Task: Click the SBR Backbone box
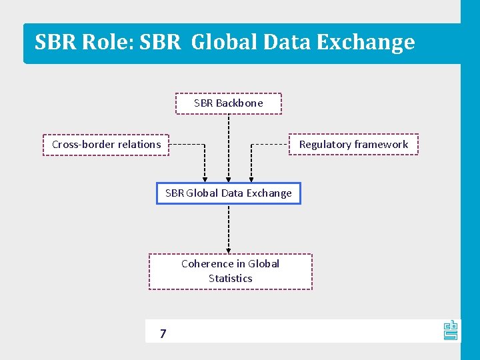[x=229, y=103]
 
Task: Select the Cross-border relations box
[x=106, y=145]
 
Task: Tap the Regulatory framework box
[x=353, y=145]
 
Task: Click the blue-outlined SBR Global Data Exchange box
[x=229, y=193]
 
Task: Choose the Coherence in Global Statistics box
[x=230, y=271]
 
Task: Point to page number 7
[x=163, y=333]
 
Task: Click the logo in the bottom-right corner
[x=451, y=330]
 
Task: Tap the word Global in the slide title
[x=225, y=42]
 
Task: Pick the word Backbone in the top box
[x=239, y=103]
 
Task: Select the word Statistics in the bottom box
[x=230, y=279]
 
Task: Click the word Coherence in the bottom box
[x=204, y=264]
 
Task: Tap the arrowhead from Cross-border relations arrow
[x=205, y=179]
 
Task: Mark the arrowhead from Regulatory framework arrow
[x=251, y=179]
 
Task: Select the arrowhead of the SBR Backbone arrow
[x=229, y=179]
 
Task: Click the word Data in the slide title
[x=288, y=42]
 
